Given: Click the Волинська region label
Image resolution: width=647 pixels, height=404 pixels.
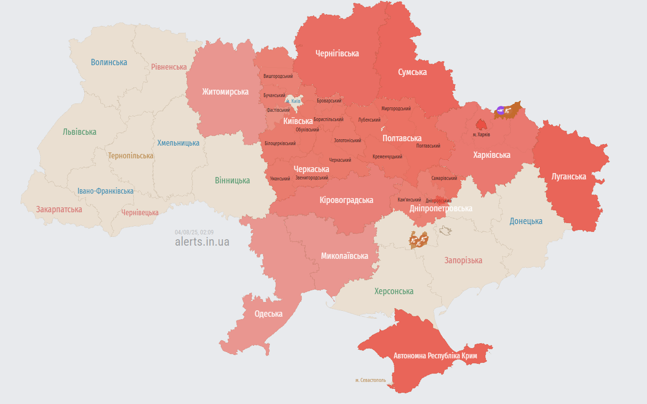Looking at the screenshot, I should [109, 62].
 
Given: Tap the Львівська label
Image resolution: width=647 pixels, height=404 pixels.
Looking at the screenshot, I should [79, 132].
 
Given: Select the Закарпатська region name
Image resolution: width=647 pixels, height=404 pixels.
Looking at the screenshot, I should [59, 209].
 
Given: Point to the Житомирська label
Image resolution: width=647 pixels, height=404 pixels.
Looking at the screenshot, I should [225, 92].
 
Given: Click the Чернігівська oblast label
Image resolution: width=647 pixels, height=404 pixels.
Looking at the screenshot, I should [337, 53].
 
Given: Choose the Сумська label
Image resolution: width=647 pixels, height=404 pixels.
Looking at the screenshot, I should [412, 72].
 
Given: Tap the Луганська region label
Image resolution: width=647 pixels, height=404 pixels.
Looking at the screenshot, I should [569, 177].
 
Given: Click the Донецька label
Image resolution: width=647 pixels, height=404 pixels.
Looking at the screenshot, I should [526, 221].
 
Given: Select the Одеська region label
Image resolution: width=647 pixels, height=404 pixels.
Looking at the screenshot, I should [268, 314].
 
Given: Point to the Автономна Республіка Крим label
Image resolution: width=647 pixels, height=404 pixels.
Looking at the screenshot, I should [435, 356].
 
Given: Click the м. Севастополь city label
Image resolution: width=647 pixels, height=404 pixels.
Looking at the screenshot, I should [370, 380].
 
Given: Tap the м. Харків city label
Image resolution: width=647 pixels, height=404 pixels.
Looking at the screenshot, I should [481, 134].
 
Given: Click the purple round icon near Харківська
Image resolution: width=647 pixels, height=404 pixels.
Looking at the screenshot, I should [500, 110].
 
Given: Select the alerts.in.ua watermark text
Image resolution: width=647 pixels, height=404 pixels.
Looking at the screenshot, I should [202, 242].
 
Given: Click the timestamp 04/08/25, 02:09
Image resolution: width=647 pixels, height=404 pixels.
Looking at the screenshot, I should [194, 232].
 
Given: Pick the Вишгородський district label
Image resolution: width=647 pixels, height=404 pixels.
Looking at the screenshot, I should [278, 76].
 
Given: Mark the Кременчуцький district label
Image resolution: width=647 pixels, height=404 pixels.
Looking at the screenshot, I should [387, 157].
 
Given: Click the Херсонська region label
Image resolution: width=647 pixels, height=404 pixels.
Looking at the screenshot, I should [394, 291].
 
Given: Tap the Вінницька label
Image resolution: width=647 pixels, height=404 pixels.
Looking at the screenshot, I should [232, 180].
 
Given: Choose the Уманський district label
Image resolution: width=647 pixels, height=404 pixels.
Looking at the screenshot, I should [280, 178].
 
